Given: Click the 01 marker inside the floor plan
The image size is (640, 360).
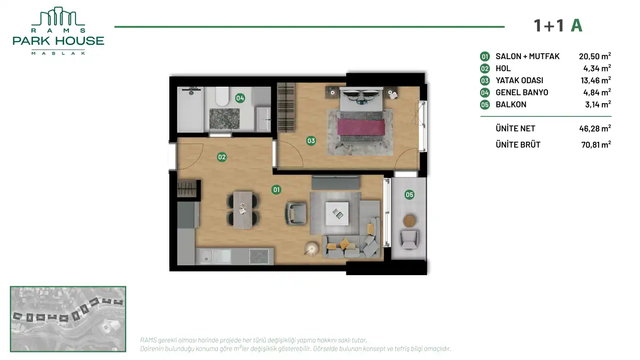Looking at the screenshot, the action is click(276, 190).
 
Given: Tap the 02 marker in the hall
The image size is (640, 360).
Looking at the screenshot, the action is click(222, 157).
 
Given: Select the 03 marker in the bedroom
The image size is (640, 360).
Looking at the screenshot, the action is click(311, 141).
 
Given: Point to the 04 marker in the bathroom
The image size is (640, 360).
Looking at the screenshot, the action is click(240, 98).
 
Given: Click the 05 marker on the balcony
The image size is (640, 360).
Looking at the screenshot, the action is click(409, 195).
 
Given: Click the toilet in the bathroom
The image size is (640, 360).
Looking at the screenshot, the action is click(222, 96).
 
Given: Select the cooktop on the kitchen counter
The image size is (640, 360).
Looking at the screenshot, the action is click(259, 256).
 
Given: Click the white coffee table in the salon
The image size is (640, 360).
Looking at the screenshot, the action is click(337, 214).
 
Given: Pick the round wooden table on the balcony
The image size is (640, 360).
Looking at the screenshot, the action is click(409, 221).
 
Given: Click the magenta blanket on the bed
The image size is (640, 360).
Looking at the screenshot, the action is click(361, 127).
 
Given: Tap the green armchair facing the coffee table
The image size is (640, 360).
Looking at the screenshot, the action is click(296, 213).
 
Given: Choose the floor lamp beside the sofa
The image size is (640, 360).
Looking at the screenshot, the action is click(311, 249).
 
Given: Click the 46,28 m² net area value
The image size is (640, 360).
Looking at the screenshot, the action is click(595, 128).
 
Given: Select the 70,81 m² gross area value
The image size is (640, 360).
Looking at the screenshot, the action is click(596, 144).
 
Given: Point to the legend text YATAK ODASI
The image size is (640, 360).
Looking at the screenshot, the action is click(520, 80).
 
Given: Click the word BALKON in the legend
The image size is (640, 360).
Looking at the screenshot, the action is click(511, 104).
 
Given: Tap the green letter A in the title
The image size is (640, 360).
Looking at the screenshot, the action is click(576, 26).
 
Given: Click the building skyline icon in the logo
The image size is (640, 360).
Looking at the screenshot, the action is click(58, 16).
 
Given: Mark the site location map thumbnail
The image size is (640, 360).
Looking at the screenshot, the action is click(68, 319).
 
